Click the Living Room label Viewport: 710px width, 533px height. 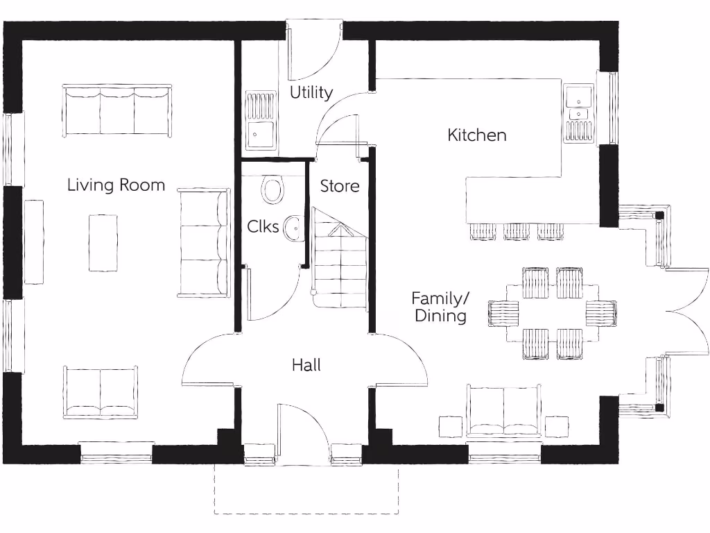coord(116,185)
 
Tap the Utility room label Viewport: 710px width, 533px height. coord(311,92)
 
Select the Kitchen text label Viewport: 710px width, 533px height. coord(477,135)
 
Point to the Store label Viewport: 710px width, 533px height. coord(340,186)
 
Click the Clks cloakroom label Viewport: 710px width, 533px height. coord(263,226)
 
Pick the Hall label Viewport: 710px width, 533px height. coord(306,364)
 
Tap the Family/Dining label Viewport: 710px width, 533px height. coord(440,307)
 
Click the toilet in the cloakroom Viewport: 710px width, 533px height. coord(273,189)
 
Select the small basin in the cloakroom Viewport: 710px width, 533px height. coord(295,226)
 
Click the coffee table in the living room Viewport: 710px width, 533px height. coord(103,242)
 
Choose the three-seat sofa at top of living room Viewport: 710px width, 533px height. coord(116,110)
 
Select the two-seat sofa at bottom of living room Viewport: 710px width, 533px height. coord(101,392)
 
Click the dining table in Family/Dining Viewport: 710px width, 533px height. coord(552,313)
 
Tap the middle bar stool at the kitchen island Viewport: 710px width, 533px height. coord(517,232)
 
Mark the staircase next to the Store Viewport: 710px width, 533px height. coord(338,260)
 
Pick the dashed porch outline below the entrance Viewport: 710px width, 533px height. coord(306,512)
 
